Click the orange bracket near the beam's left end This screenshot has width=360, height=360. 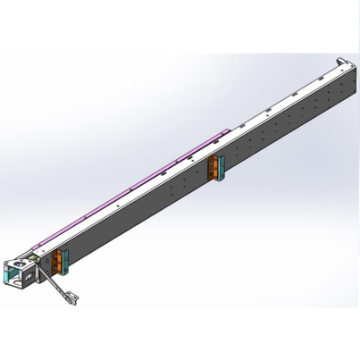[58, 261]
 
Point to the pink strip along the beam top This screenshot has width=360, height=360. [134, 188]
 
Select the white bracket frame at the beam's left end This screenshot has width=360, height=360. [20, 272]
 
